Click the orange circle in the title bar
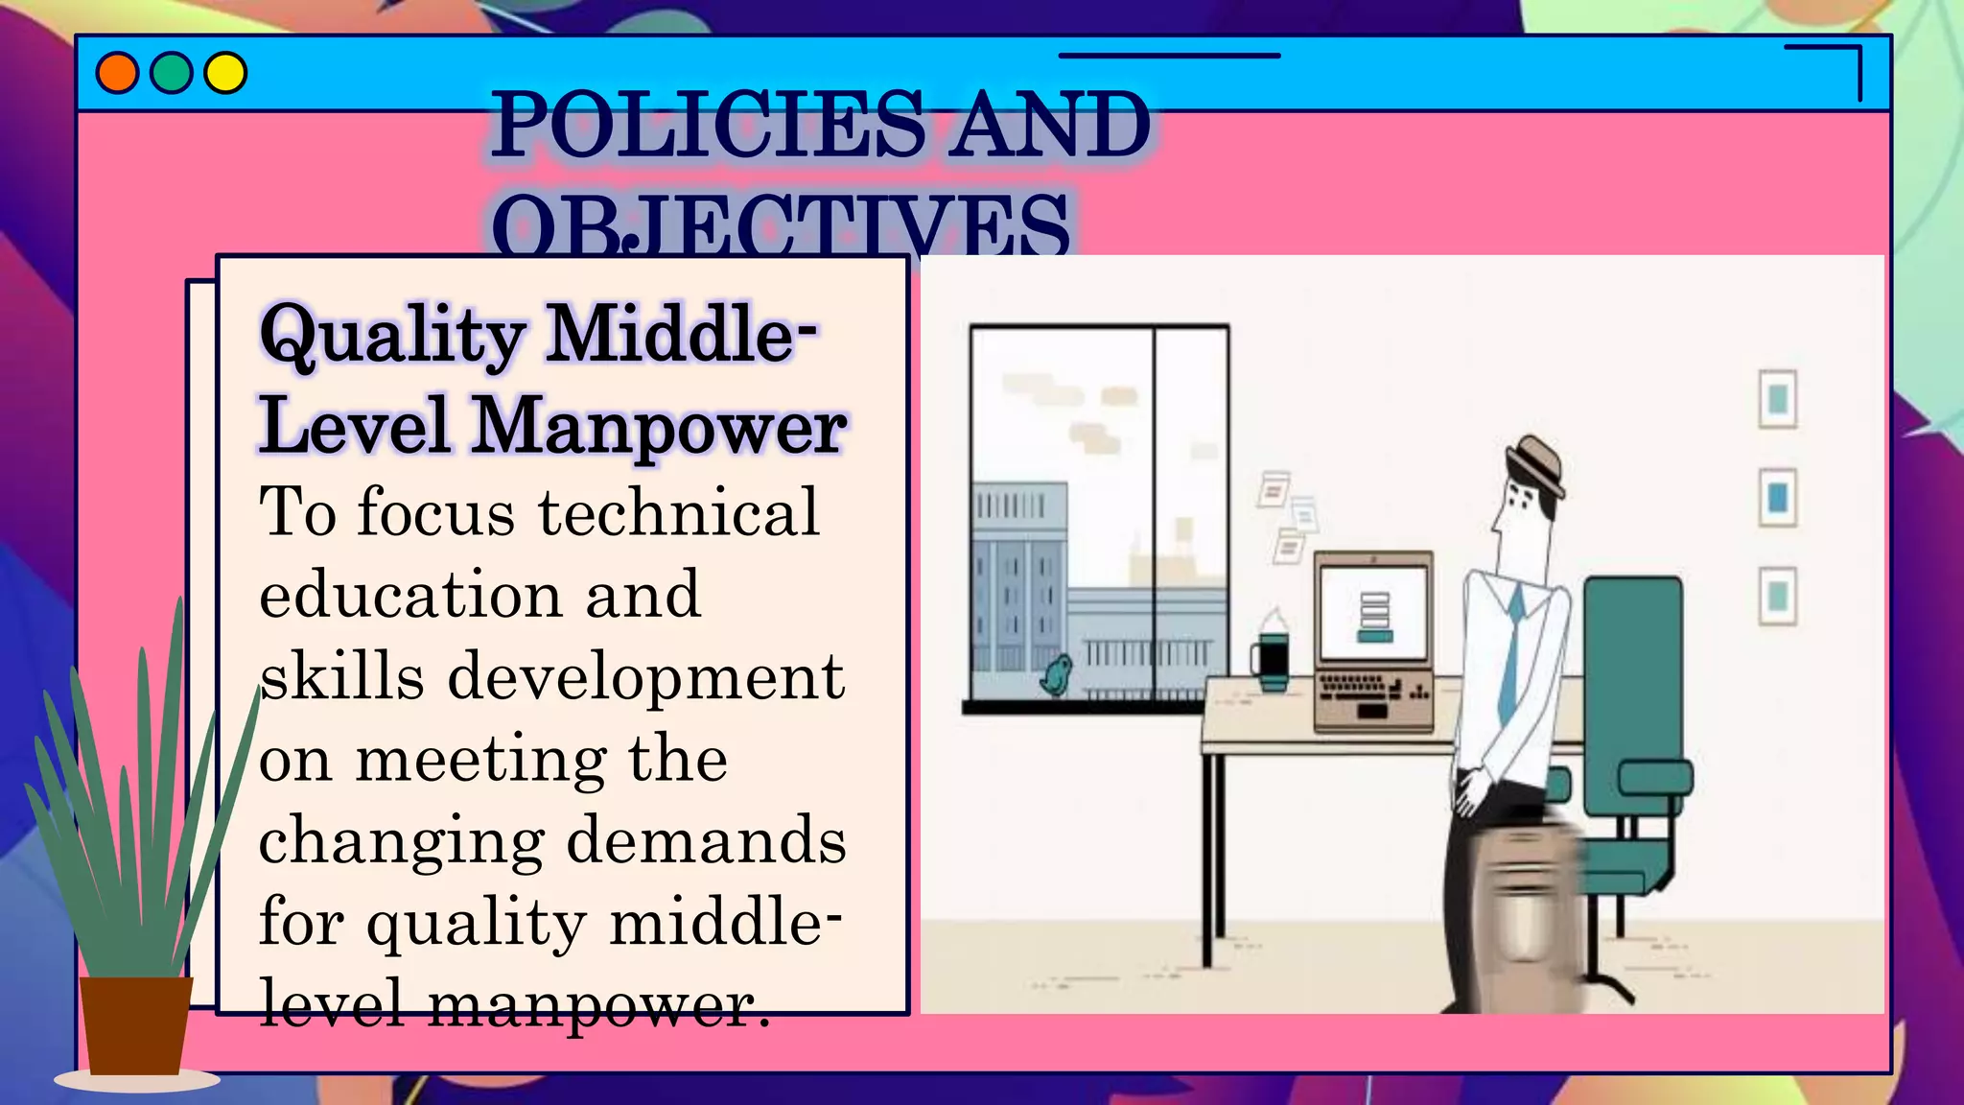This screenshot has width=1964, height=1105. (x=117, y=74)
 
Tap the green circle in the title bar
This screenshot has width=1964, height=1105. (x=172, y=74)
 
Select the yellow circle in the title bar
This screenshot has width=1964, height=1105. (x=226, y=74)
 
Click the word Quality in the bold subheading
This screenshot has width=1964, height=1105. (x=392, y=336)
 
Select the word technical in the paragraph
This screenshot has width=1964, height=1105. (x=678, y=512)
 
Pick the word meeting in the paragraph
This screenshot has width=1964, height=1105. (x=480, y=760)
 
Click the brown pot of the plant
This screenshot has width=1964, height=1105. (x=135, y=1024)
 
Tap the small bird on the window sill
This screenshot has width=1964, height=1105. (x=1057, y=677)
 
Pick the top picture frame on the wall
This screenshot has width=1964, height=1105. (x=1777, y=399)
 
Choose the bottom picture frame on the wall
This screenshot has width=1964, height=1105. (x=1777, y=596)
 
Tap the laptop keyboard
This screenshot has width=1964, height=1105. (x=1370, y=690)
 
